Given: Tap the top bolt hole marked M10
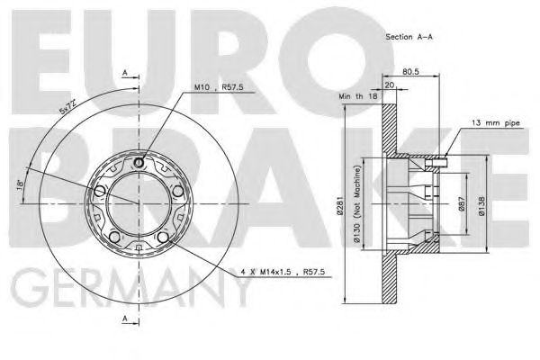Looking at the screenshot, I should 137,163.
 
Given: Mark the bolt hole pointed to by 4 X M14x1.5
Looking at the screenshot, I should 161,238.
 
